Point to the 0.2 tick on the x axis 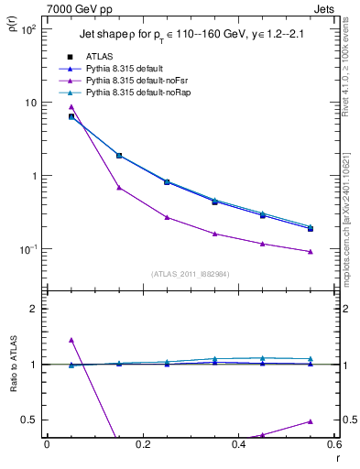click(143, 445)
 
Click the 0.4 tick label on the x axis click(239, 445)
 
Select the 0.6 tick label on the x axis click(334, 445)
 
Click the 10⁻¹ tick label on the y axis click(27, 249)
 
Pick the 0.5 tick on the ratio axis click(30, 420)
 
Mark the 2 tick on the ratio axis click(34, 309)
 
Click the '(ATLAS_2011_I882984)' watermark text click(190, 274)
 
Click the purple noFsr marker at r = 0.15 click(119, 188)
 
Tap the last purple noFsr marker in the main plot click(311, 252)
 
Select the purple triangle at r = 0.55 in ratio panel click(311, 421)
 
